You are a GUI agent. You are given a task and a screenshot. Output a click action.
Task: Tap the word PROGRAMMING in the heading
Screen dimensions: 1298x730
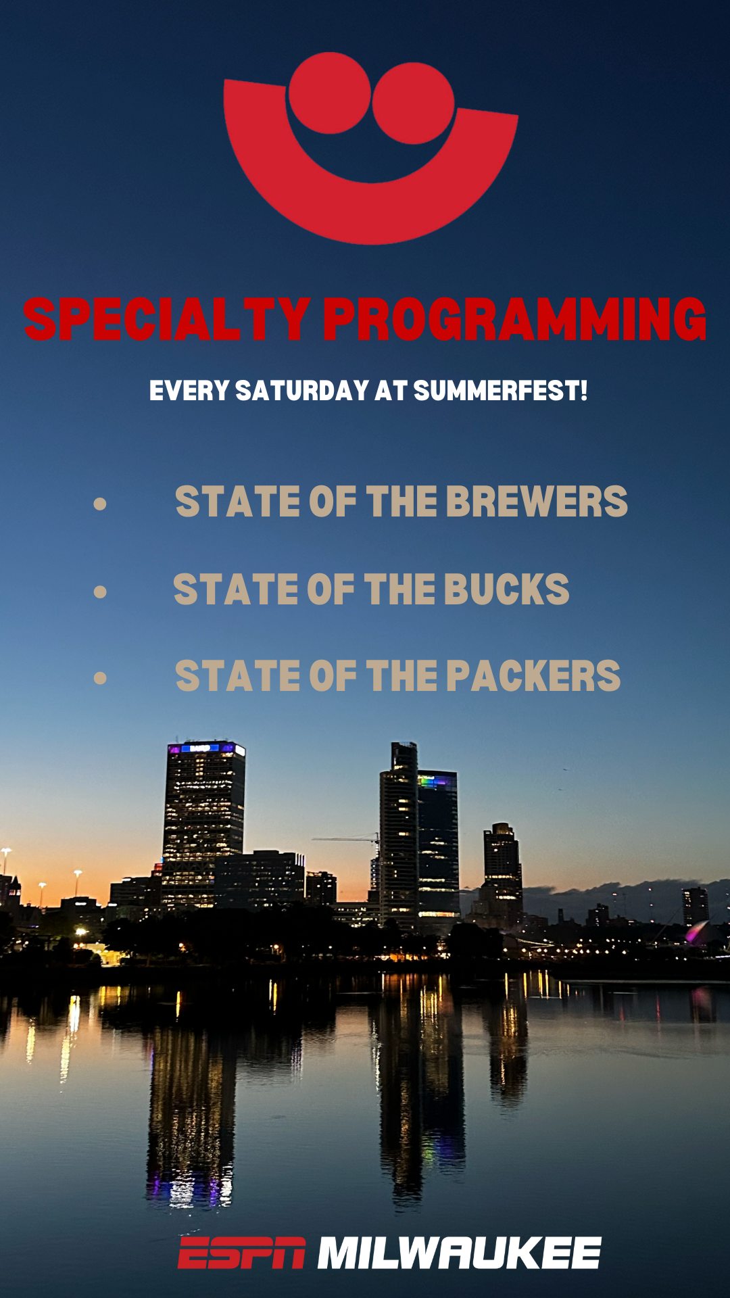514,319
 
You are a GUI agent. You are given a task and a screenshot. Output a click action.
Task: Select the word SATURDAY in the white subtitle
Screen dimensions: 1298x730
302,391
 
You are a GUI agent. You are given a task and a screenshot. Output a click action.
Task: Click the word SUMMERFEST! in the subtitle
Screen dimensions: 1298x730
500,391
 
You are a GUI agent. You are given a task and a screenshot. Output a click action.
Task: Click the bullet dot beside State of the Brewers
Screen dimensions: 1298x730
100,504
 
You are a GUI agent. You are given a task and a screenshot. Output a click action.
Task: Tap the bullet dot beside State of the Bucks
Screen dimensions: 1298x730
100,592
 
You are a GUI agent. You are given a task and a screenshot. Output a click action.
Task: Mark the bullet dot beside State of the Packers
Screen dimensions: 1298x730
100,678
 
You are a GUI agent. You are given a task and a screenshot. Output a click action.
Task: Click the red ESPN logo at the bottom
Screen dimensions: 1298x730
241,1253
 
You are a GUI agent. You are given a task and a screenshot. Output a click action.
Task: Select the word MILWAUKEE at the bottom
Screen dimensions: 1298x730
459,1253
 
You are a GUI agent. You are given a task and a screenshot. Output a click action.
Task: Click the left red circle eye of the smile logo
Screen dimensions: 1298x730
330,93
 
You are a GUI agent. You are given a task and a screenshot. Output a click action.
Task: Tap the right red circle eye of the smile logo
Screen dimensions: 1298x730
413,103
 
